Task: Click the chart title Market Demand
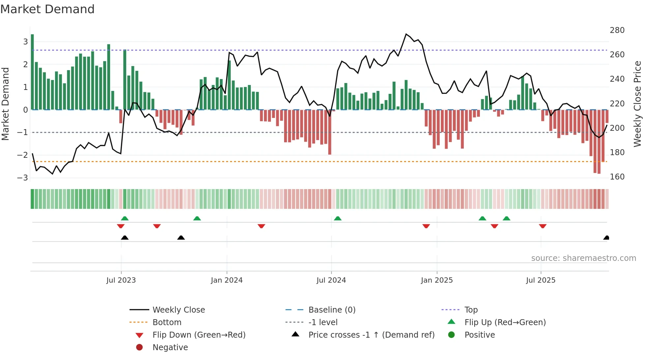[47, 9]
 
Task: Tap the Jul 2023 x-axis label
[121, 280]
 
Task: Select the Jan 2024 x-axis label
[227, 280]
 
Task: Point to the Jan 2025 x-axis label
[437, 280]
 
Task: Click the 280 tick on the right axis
[617, 30]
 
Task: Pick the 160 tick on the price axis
[617, 177]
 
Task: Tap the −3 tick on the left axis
[22, 178]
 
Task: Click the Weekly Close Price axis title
[637, 104]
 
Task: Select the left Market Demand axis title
[5, 104]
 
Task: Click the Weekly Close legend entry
[178, 310]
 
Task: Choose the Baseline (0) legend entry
[332, 310]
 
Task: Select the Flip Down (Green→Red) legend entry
[199, 335]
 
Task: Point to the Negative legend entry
[170, 348]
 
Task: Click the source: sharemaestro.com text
[583, 258]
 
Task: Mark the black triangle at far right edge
[606, 238]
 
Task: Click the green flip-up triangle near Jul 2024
[338, 218]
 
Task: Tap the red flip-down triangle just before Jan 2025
[426, 226]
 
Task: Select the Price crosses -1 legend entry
[371, 335]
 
